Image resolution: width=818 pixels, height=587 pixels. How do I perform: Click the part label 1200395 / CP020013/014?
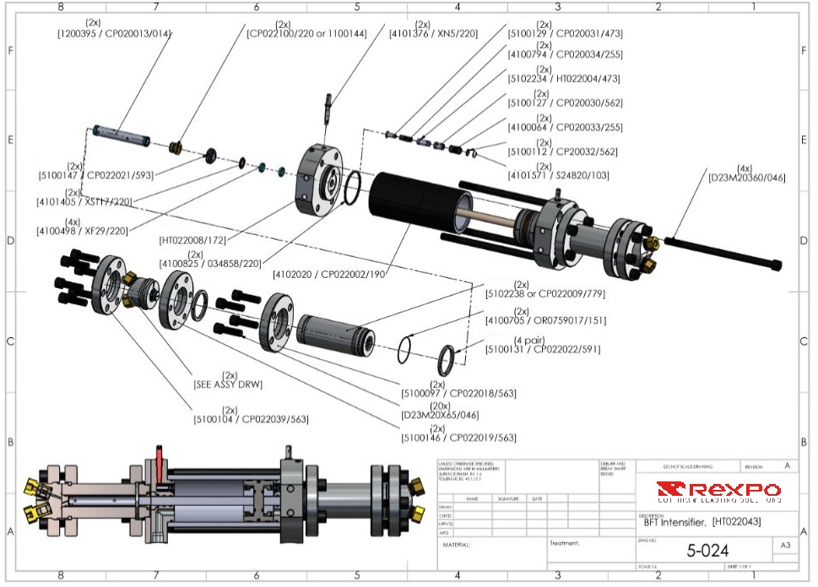[x=114, y=34]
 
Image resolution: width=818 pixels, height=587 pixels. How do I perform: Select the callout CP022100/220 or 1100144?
[x=306, y=34]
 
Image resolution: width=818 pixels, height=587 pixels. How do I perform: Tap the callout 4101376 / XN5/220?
[x=433, y=34]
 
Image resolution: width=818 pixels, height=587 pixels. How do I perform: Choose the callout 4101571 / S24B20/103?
[x=558, y=176]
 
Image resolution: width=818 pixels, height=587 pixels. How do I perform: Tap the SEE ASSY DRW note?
[x=228, y=384]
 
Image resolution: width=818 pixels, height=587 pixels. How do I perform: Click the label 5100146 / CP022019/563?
[x=458, y=438]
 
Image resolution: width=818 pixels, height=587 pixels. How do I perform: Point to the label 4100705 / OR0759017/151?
[x=546, y=320]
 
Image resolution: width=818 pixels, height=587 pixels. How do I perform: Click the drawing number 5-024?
[x=707, y=552]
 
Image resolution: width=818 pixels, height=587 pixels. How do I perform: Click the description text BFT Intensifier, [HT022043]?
[x=696, y=522]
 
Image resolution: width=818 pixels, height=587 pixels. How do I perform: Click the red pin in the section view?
[x=158, y=465]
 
